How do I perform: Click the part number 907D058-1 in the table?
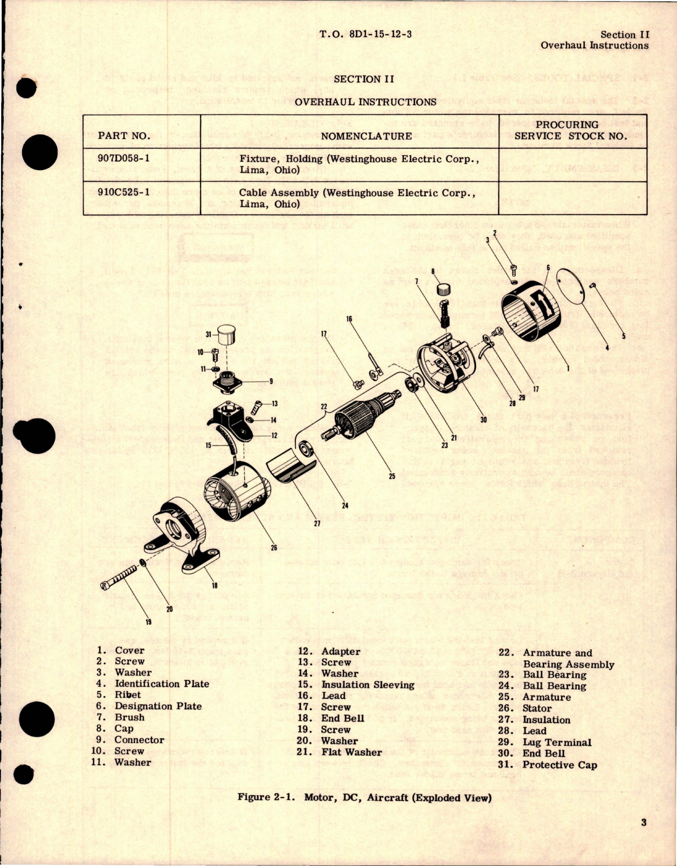125,159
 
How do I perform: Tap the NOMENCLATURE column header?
367,136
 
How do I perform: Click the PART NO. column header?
124,136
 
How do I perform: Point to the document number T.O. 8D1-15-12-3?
365,35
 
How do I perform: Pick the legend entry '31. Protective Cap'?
547,765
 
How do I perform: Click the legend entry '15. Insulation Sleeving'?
356,685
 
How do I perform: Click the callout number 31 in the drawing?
209,334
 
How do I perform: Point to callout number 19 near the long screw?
148,622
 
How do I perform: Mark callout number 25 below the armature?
392,476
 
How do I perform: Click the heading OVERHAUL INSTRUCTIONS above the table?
365,102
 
